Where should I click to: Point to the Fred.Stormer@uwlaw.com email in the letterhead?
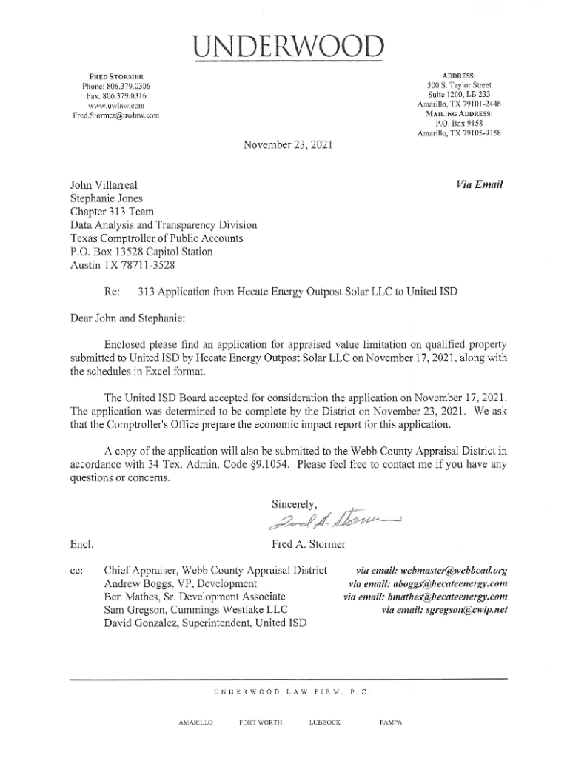[115, 115]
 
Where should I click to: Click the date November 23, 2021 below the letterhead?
[287, 146]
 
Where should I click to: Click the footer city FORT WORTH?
[258, 722]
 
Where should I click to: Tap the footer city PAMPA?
[389, 722]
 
